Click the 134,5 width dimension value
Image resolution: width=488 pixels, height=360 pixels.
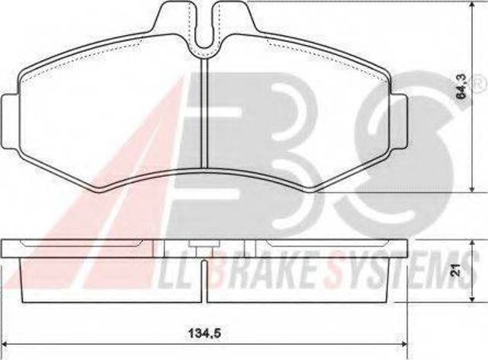204,334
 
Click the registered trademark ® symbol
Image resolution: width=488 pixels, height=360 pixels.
481,82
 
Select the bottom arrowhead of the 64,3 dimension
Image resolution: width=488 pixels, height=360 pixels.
473,188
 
